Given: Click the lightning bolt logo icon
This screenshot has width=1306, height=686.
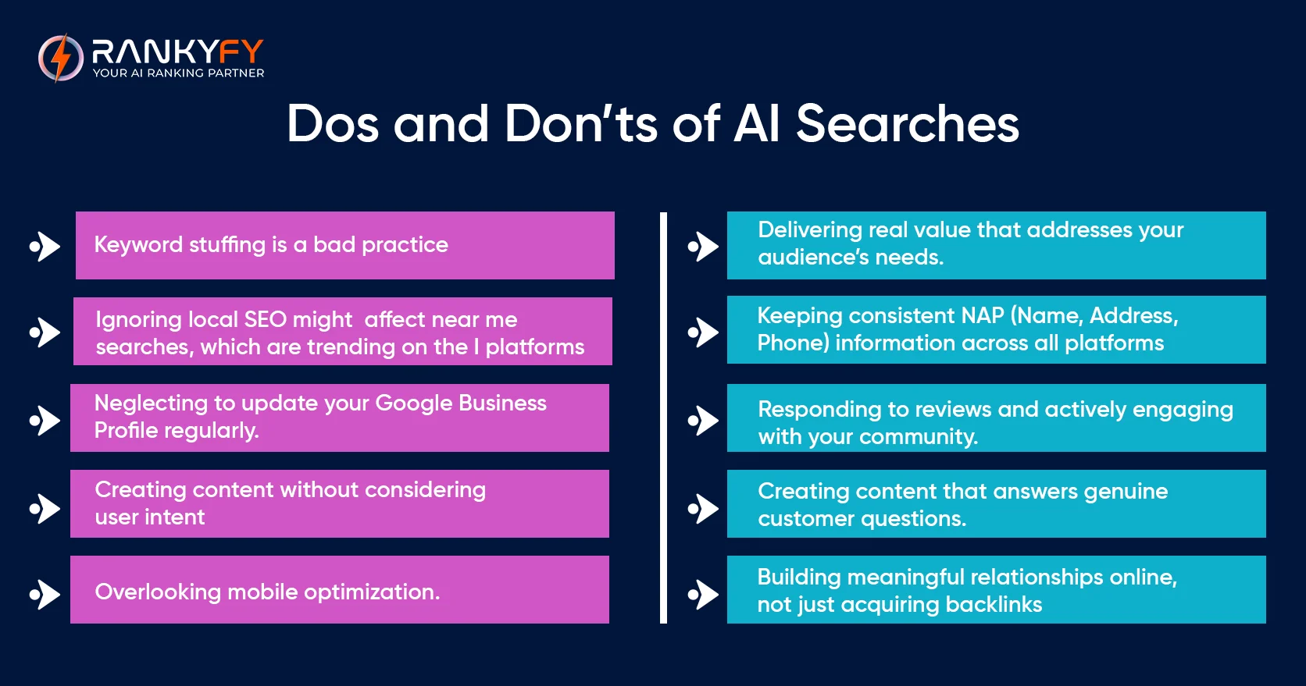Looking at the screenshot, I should point(60,58).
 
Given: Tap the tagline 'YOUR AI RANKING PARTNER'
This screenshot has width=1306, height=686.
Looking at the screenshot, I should point(178,73).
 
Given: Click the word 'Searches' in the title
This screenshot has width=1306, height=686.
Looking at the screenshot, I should point(907,124).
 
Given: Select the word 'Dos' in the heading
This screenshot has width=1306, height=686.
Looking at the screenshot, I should point(333,124).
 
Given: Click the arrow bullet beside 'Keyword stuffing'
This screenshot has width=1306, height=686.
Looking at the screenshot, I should point(45,247).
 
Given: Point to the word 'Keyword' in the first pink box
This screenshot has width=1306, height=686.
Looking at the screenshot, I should point(138,245).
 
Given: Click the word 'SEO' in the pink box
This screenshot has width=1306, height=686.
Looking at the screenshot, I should point(266,320).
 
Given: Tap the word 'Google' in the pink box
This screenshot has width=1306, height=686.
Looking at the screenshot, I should point(414,403).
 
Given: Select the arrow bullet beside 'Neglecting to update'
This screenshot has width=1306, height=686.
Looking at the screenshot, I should point(45,421).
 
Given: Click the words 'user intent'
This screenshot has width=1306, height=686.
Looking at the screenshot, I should point(150,517).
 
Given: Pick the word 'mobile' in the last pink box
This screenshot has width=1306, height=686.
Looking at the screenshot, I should point(262,592).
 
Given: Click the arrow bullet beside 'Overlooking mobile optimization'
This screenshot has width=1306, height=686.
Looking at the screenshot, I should point(45,595).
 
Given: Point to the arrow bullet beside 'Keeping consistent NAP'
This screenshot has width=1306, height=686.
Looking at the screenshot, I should point(704,332).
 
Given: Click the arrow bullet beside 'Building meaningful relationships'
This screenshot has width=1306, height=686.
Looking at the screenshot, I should point(704,595).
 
